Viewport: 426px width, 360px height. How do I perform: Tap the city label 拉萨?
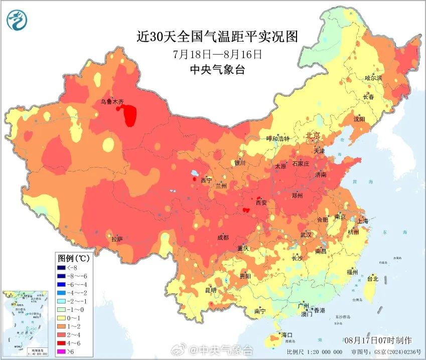[x=117, y=239]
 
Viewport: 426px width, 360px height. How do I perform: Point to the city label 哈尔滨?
[x=373, y=78]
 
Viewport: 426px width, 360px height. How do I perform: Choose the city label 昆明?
[x=211, y=290]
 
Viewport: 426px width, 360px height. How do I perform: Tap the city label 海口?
[x=287, y=334]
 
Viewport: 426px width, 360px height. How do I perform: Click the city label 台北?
[x=372, y=278]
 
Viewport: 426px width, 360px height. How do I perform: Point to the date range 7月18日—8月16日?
[x=217, y=54]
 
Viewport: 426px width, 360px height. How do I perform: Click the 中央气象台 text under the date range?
[x=217, y=70]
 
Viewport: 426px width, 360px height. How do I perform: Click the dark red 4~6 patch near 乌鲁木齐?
[x=130, y=115]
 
